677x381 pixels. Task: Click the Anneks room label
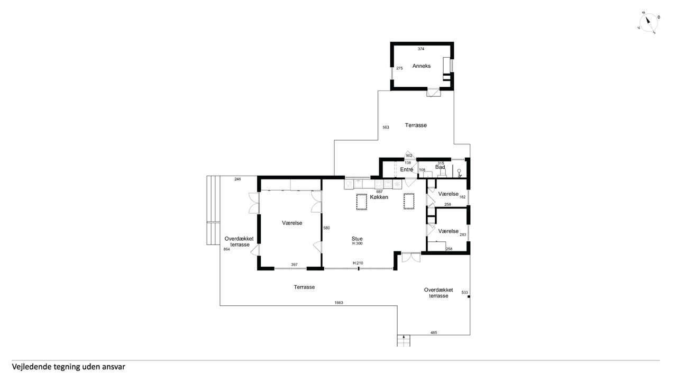422,66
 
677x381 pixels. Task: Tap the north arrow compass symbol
648,22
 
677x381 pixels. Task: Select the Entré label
407,170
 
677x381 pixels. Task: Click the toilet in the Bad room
443,173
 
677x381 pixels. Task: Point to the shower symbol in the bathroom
460,173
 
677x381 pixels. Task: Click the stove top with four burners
379,184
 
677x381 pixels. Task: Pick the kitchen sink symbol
359,184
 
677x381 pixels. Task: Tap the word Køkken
379,197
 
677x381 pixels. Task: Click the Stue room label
357,239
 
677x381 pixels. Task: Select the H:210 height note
358,263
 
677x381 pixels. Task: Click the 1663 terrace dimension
339,303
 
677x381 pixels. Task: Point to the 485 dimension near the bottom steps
434,333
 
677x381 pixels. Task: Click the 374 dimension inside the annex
421,49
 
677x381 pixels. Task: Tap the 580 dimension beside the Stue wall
326,228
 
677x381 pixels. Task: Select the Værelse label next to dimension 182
448,194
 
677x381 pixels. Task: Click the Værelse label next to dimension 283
448,231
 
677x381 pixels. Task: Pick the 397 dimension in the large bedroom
294,265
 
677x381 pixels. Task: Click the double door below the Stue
411,257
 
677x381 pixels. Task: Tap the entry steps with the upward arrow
404,341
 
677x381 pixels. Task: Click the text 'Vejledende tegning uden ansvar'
68,367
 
